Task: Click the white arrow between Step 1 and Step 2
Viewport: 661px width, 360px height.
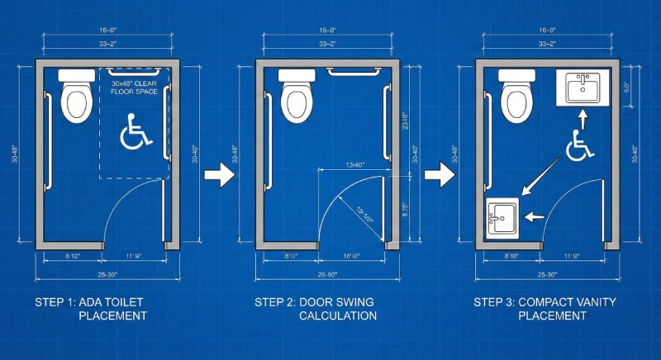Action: (x=216, y=175)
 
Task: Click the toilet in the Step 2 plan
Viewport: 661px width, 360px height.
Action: (x=296, y=97)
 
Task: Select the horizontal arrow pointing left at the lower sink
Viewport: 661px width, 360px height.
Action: (x=535, y=217)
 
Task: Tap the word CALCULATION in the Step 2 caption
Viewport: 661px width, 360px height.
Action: (x=337, y=315)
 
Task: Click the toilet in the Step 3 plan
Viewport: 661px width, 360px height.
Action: (x=517, y=97)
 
